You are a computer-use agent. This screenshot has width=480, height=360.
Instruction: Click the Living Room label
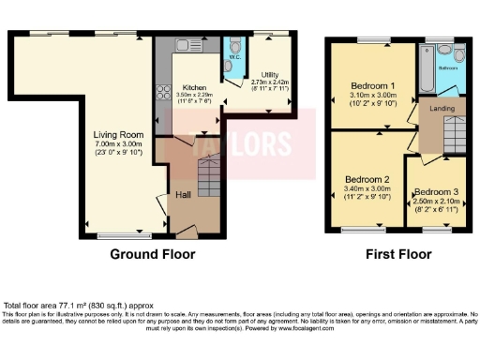[x=117, y=134]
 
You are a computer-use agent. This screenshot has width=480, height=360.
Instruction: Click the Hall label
[x=184, y=195]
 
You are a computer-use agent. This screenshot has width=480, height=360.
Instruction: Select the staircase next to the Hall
[x=208, y=177]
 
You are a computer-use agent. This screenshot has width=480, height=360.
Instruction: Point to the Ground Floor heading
[x=153, y=254]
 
